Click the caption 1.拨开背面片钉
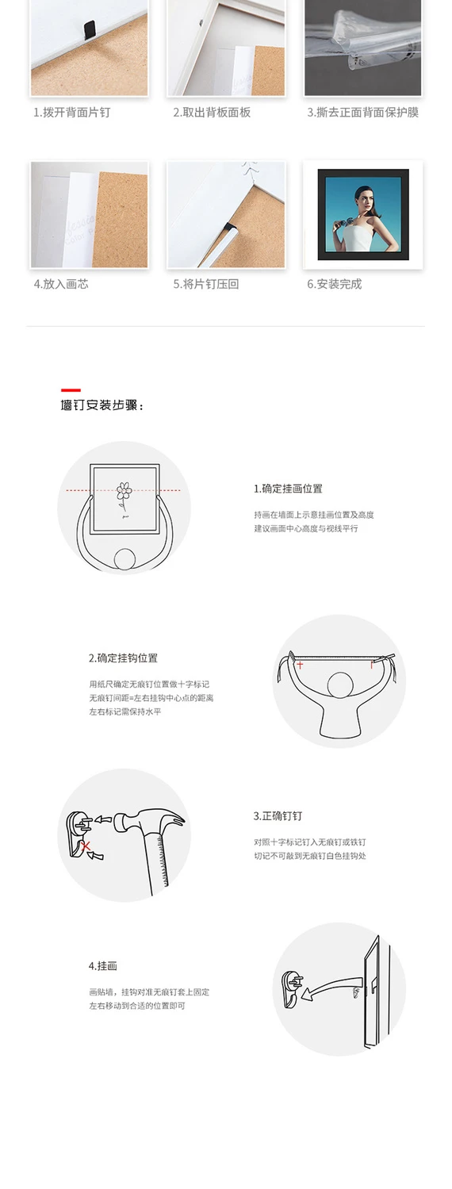click(x=71, y=113)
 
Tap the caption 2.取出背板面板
click(x=212, y=113)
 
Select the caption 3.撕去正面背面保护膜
click(x=363, y=113)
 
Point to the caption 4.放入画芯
click(x=61, y=284)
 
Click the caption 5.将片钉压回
click(x=206, y=284)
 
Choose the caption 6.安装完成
click(x=334, y=284)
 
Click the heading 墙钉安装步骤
click(x=102, y=405)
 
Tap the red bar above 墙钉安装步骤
click(x=71, y=390)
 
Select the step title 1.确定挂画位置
click(x=288, y=489)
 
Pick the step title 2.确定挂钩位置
click(x=123, y=658)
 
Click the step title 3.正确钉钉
click(x=278, y=816)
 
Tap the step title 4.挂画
click(x=102, y=966)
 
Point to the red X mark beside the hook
click(x=86, y=846)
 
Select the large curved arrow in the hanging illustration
click(x=331, y=986)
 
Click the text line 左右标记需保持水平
click(x=125, y=711)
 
